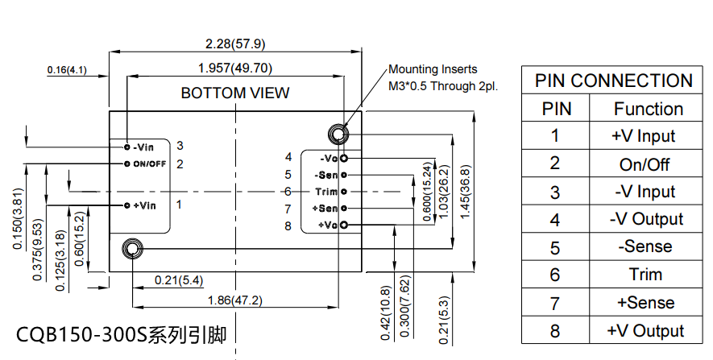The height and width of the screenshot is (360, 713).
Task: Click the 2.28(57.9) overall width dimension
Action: click(234, 43)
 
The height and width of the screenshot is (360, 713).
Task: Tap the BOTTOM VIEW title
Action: click(234, 93)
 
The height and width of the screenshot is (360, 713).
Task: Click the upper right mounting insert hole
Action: click(336, 133)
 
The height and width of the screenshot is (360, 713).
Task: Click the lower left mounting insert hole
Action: click(132, 248)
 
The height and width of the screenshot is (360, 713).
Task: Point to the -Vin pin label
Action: click(143, 147)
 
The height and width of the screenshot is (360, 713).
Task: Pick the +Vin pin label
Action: click(143, 205)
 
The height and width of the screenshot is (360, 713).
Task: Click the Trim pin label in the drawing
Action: click(325, 191)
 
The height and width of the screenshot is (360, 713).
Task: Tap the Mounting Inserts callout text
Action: click(433, 69)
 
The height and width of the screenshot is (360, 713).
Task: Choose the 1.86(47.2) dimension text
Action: click(234, 300)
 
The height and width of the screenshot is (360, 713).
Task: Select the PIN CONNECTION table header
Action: click(613, 81)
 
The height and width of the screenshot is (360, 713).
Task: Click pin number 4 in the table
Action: click(554, 219)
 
